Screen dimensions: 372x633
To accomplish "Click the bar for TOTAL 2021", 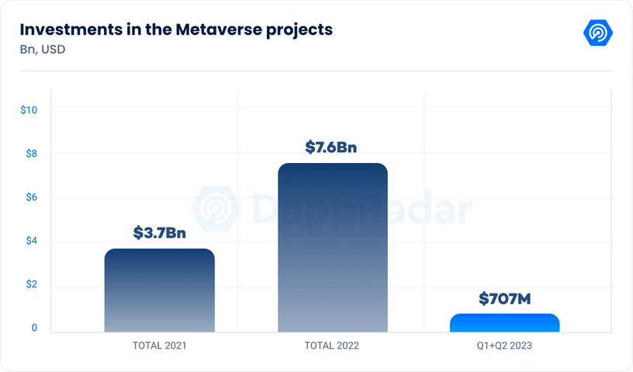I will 159,290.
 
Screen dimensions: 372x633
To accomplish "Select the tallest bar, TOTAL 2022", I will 332,248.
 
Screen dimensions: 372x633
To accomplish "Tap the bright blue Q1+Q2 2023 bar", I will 504,323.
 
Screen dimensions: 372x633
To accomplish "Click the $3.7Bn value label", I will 160,231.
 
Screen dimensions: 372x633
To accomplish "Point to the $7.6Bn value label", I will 332,146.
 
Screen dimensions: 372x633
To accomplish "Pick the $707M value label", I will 504,297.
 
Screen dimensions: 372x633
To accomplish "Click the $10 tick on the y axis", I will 29,110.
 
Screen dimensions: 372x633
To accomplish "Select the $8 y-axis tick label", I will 31,153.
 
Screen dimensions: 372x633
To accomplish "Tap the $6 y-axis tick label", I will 31,197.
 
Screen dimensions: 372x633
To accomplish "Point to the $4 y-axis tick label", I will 31,241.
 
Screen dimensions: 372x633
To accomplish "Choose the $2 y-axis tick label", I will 31,284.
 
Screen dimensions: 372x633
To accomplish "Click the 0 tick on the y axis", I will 34,328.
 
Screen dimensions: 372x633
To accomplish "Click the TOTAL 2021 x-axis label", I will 160,344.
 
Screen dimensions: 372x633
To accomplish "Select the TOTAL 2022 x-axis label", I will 332,344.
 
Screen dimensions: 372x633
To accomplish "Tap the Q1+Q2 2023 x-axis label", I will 504,344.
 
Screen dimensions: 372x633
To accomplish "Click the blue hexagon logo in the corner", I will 597,33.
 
